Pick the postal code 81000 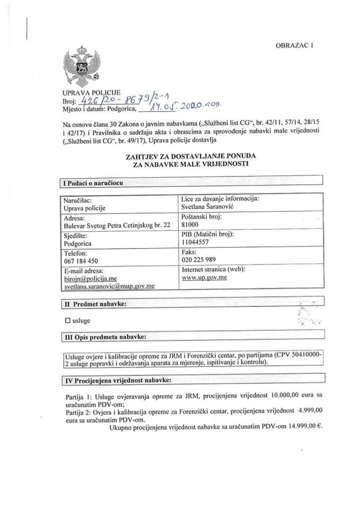[190, 224]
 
